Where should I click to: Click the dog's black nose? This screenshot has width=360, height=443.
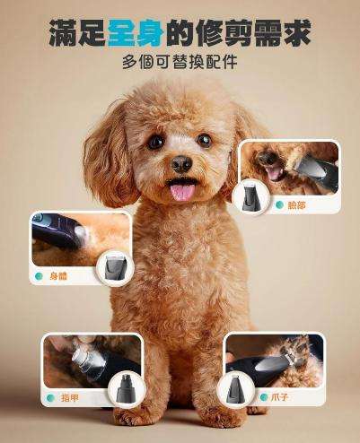[x=181, y=164]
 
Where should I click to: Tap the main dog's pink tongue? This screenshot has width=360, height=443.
[x=182, y=192]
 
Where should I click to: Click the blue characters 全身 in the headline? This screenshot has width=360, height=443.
[x=136, y=33]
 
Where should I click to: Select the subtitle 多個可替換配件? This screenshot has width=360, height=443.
[x=180, y=62]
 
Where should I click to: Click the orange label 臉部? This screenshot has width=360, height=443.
[x=297, y=205]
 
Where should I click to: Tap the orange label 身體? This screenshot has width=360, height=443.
[x=58, y=276]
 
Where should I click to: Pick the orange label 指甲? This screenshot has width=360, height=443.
[x=70, y=398]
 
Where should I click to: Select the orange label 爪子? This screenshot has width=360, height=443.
[x=279, y=397]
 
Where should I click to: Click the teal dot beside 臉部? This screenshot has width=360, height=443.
[x=279, y=205]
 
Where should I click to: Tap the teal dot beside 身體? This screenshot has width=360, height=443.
[x=39, y=276]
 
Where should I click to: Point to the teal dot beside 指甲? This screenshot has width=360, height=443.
[x=50, y=398]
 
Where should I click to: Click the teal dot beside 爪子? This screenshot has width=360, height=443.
[x=264, y=397]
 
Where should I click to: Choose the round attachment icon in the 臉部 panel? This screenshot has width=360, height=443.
[x=250, y=197]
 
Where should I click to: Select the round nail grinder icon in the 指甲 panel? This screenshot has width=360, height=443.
[x=127, y=389]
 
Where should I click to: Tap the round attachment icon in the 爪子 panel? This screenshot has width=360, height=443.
[x=236, y=388]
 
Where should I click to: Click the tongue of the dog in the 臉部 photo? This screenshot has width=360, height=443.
[x=275, y=173]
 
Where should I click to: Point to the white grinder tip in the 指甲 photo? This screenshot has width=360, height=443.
[x=81, y=355]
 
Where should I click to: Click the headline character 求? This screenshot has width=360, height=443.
[x=295, y=33]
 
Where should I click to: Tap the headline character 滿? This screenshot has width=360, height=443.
[x=63, y=33]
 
